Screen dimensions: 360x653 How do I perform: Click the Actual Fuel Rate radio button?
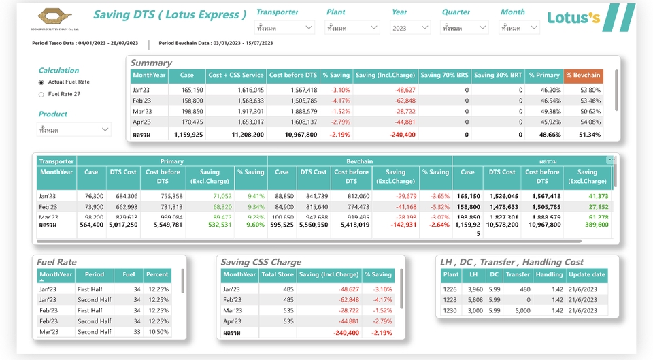point(41,82)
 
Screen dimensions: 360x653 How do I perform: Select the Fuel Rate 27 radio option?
point(41,95)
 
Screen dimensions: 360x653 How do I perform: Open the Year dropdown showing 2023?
point(410,28)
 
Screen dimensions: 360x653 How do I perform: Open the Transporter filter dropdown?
point(285,28)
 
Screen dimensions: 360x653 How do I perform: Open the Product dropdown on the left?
point(74,129)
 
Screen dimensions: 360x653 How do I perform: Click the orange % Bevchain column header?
point(583,76)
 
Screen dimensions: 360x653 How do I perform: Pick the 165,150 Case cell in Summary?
point(192,90)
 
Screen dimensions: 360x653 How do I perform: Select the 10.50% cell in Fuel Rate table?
point(158,332)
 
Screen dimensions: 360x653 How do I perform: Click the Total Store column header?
point(278,275)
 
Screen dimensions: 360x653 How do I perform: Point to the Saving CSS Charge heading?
point(261,262)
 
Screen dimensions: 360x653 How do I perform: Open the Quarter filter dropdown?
point(465,28)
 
